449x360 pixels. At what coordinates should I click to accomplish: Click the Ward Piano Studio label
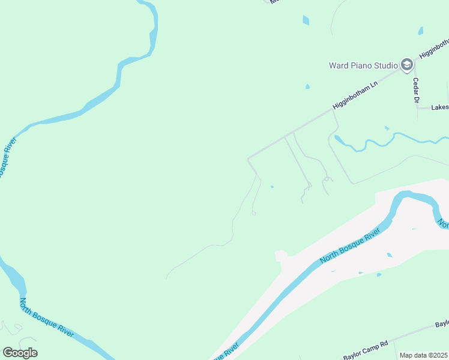click(363, 65)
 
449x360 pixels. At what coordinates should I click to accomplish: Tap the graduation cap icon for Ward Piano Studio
click(406, 65)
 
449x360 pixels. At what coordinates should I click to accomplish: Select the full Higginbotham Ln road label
click(357, 95)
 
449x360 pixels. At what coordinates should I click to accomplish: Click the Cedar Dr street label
click(415, 91)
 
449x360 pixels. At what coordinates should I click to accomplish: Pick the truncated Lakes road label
click(439, 107)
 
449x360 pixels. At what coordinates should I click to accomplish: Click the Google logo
click(20, 353)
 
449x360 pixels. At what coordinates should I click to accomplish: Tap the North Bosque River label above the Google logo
click(47, 318)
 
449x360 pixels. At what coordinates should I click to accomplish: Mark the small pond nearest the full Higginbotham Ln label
click(307, 86)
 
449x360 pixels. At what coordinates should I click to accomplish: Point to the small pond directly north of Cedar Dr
click(420, 31)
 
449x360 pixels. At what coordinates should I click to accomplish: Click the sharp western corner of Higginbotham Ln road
click(248, 158)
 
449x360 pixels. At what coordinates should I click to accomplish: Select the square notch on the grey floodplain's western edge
click(281, 256)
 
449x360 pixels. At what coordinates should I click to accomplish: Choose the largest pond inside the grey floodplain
click(390, 255)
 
